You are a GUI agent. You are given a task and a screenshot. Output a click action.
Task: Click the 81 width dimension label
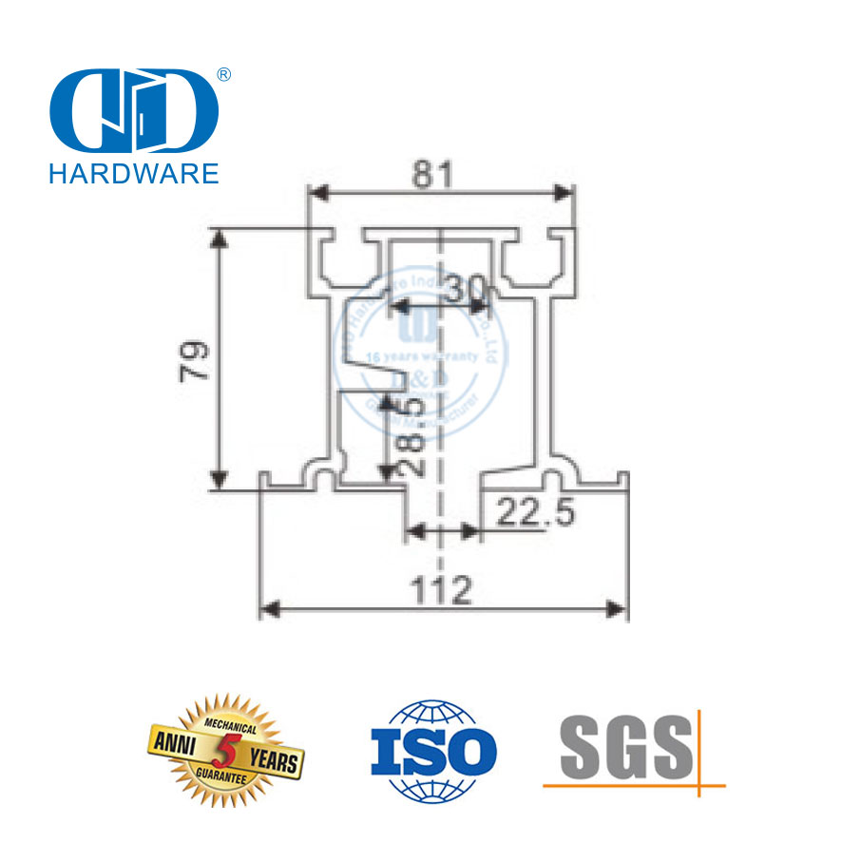click(433, 175)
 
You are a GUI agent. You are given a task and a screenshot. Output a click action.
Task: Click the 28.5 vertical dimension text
click(411, 438)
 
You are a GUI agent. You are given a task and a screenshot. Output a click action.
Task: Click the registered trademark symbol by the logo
click(224, 74)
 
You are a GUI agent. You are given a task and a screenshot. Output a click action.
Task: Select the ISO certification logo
click(432, 750)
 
